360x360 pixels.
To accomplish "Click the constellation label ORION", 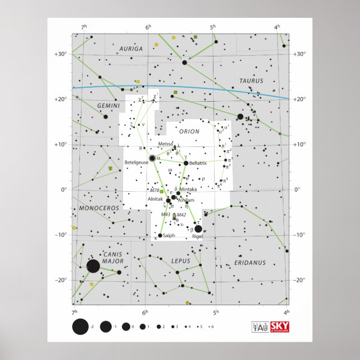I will (190, 131).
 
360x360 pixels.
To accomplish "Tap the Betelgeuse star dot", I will (153, 159).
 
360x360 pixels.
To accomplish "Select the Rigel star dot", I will (198, 229).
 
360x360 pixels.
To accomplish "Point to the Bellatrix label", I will (198, 163).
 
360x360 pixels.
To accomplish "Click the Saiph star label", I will (169, 235).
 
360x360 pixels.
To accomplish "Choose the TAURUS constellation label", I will (251, 80).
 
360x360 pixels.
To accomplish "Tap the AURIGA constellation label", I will (131, 49).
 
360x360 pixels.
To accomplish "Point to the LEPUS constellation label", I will (181, 261).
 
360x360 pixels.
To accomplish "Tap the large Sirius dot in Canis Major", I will (93, 266).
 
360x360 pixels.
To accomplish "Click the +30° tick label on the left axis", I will (60, 54).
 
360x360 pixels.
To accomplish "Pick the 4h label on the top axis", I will (277, 27).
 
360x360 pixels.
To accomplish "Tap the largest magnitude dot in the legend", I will (80, 327).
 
